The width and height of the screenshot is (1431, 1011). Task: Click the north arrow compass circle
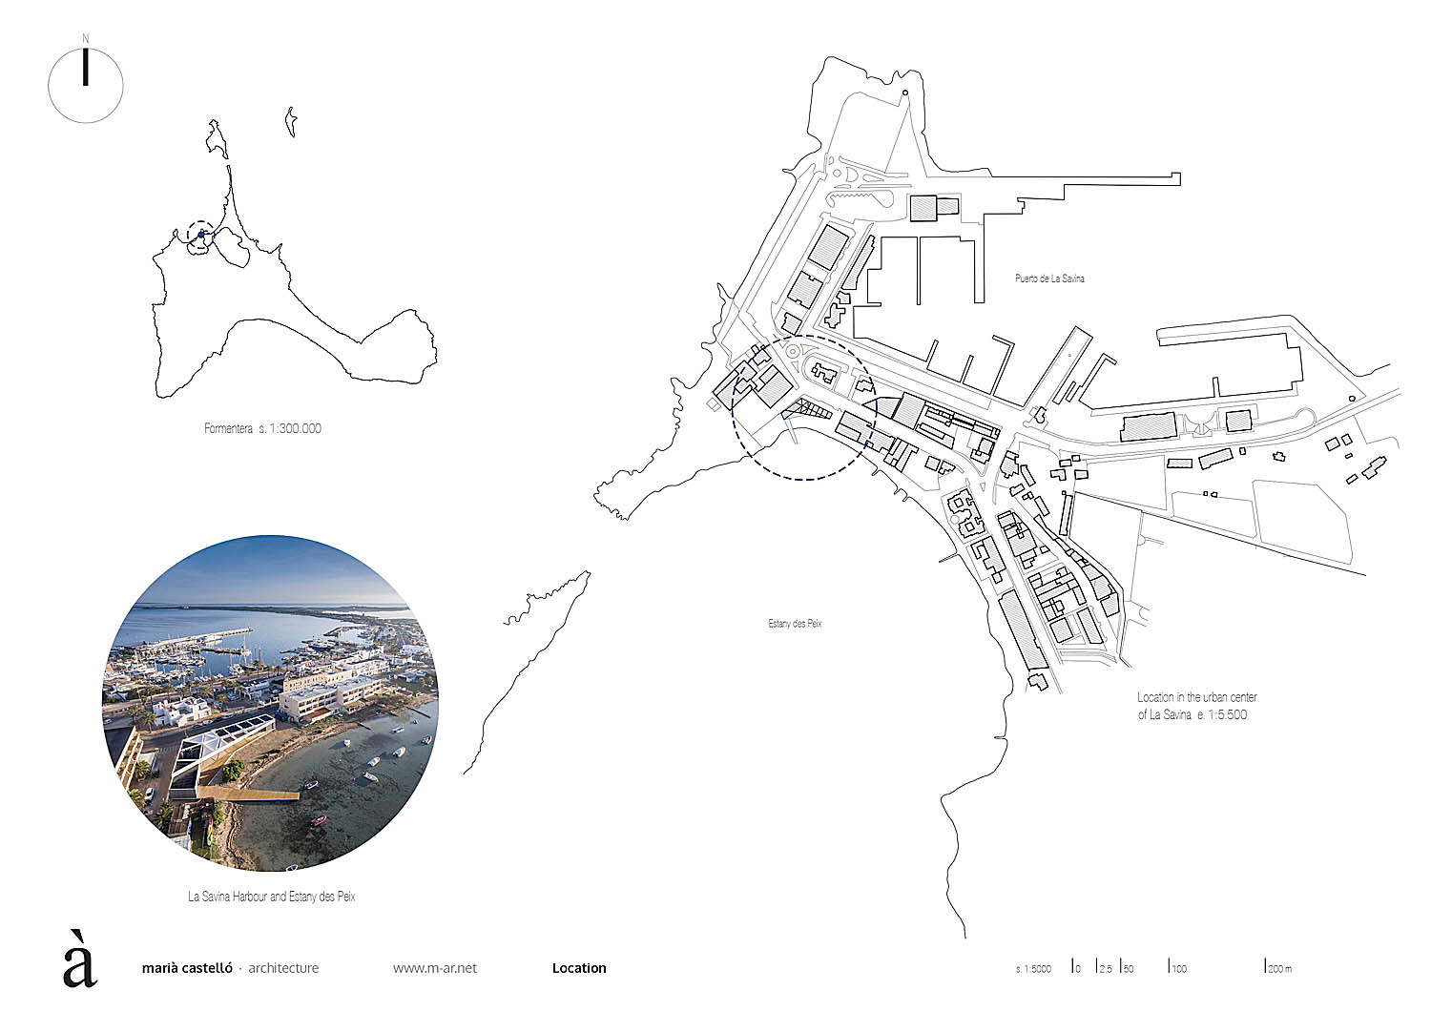(86, 85)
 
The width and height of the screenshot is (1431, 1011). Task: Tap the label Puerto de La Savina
(1049, 279)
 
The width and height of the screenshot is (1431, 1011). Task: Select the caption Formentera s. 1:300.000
(262, 428)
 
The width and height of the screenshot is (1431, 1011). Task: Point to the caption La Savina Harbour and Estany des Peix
(272, 897)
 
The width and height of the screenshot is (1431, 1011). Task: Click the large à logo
(80, 959)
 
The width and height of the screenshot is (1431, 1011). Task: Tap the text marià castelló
(186, 968)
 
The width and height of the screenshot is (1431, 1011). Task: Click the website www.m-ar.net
(435, 968)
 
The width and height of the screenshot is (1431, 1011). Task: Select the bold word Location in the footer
(579, 968)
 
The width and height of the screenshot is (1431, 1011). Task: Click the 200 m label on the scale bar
(1279, 969)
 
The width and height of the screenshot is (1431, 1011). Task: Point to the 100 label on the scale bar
(1179, 969)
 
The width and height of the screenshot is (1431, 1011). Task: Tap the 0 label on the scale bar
(1077, 969)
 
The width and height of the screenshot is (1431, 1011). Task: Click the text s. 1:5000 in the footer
(1033, 969)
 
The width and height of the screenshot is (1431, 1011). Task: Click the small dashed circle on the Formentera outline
(200, 235)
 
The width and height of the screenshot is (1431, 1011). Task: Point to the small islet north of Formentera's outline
(290, 123)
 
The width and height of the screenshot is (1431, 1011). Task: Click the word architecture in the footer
(283, 968)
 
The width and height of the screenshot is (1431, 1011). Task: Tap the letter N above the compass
(86, 38)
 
